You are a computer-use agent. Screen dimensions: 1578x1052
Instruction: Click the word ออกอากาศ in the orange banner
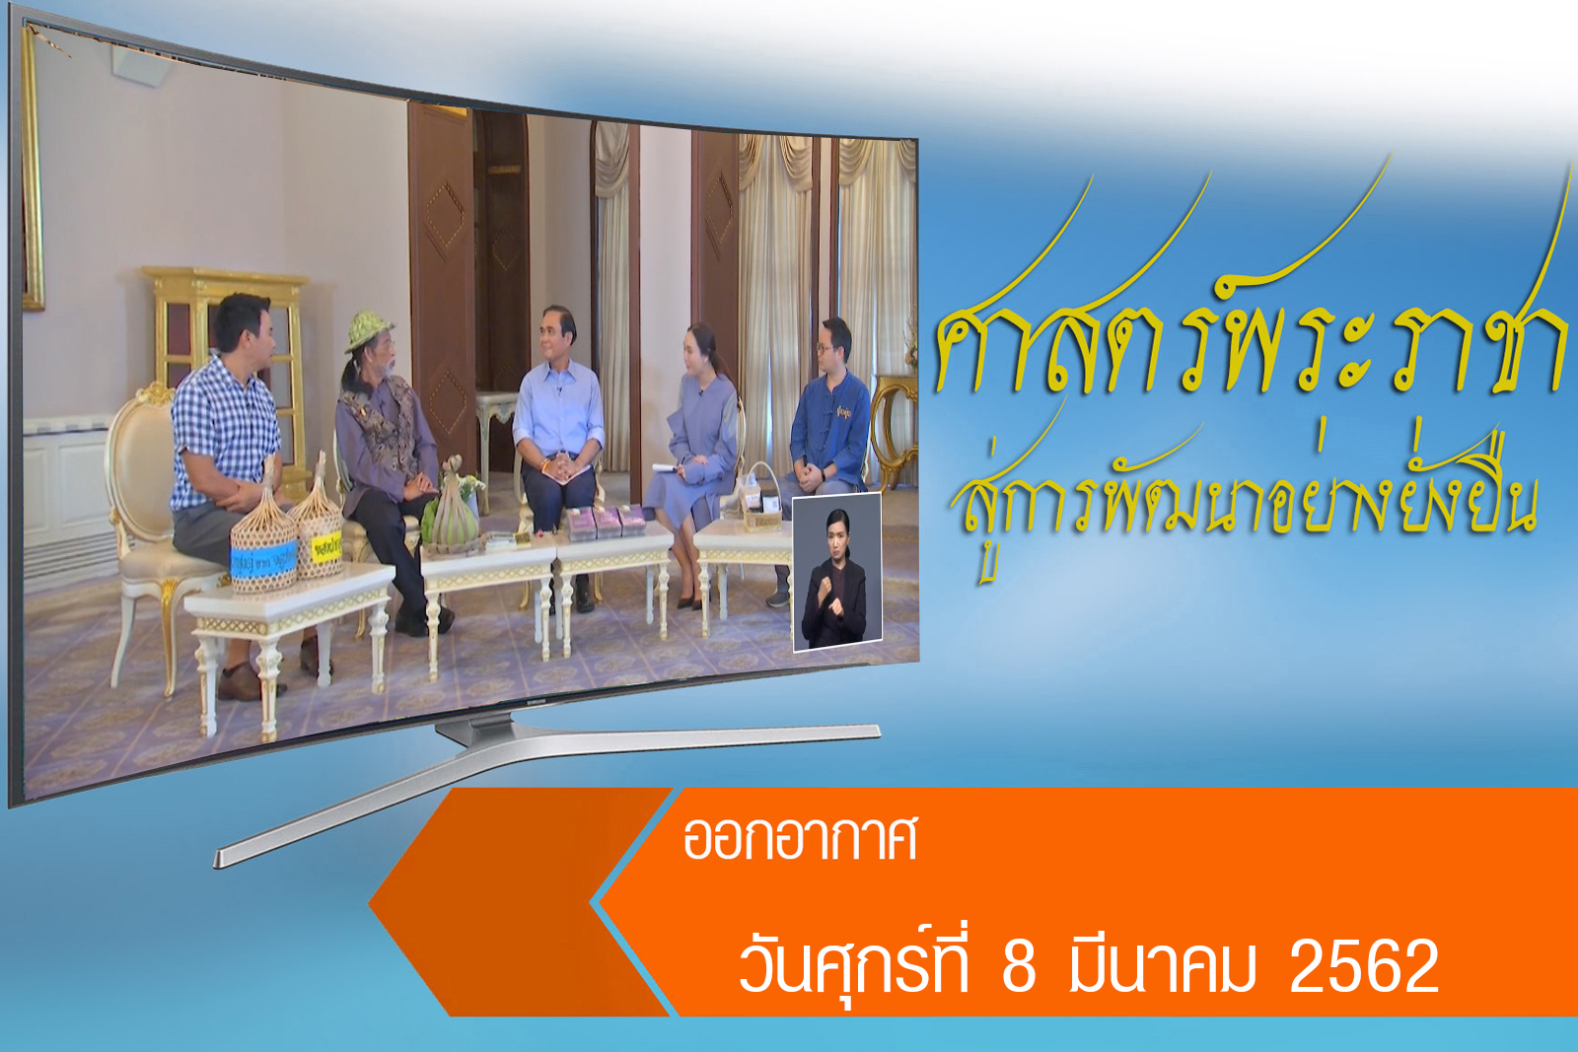pos(800,838)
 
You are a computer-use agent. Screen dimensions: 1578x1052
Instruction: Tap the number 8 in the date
pos(1019,966)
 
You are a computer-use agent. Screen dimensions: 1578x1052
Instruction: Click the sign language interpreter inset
pos(837,572)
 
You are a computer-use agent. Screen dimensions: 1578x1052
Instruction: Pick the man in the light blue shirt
pos(558,451)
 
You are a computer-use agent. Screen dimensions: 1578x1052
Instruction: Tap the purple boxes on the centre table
pos(607,523)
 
